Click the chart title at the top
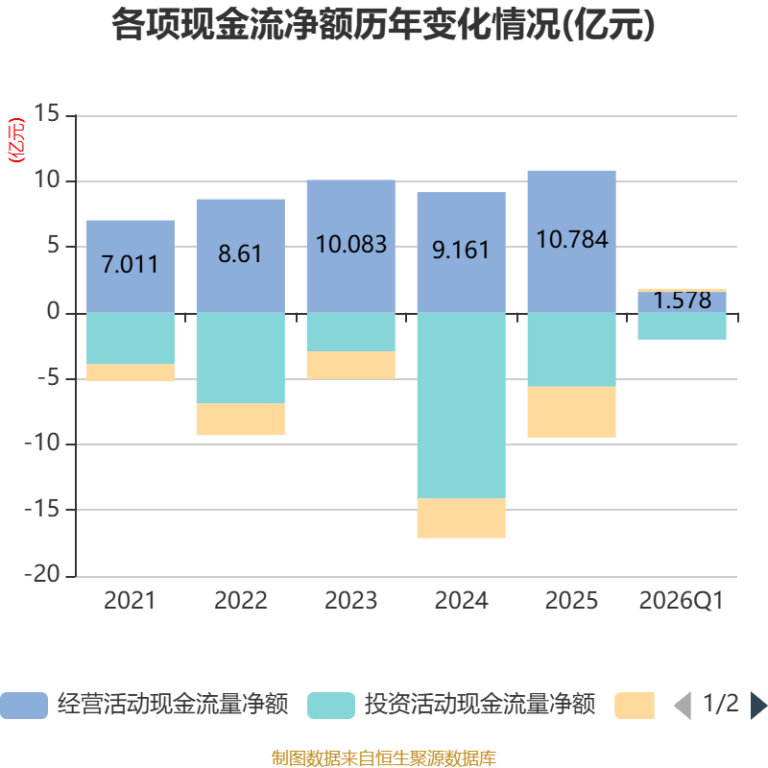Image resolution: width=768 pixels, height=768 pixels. pyautogui.click(x=383, y=26)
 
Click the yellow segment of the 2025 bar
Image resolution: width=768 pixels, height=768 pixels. pyautogui.click(x=571, y=412)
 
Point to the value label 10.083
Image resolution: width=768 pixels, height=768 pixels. pyautogui.click(x=351, y=244)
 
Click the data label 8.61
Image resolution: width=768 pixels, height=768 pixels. pyautogui.click(x=240, y=254)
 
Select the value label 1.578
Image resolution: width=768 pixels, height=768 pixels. pyautogui.click(x=683, y=300)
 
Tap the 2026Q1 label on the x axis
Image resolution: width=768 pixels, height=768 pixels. pyautogui.click(x=682, y=601)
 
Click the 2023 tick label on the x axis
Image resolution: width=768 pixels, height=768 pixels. pyautogui.click(x=351, y=601)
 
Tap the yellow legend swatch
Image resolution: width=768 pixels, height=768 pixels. pyautogui.click(x=635, y=706)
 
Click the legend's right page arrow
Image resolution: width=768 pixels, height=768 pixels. pyautogui.click(x=758, y=706)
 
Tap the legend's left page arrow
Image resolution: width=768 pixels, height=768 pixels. pyautogui.click(x=683, y=706)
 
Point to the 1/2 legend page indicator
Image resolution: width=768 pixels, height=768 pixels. pyautogui.click(x=721, y=705)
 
